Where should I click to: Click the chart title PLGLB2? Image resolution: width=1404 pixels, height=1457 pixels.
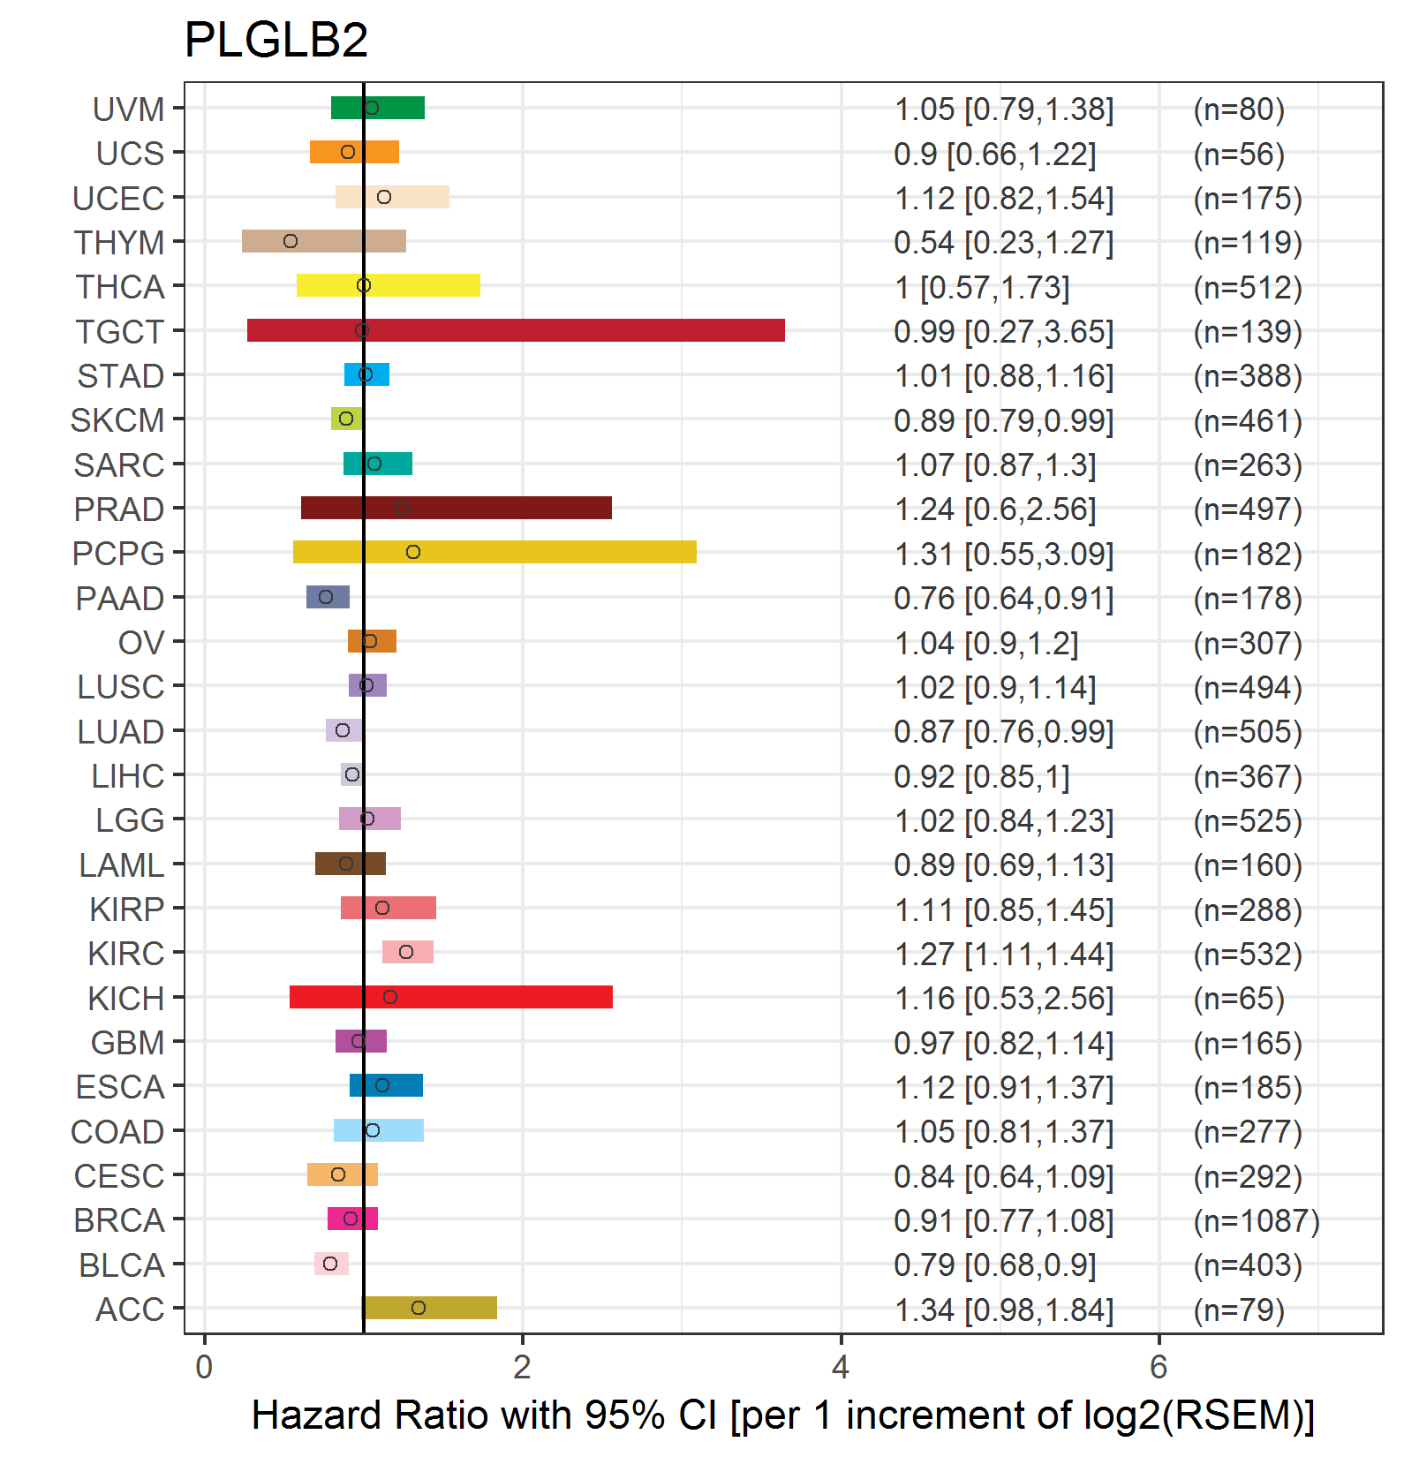click(x=276, y=40)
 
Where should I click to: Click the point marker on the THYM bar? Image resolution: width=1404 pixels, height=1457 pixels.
click(x=291, y=241)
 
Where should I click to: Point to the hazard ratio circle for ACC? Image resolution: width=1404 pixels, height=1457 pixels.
click(x=419, y=1308)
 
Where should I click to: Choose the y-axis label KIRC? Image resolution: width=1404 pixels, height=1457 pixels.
click(x=126, y=954)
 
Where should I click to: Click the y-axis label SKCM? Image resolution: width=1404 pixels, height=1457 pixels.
click(x=117, y=420)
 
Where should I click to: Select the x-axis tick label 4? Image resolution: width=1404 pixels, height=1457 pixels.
click(x=841, y=1367)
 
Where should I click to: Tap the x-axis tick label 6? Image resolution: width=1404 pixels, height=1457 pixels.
click(x=1159, y=1367)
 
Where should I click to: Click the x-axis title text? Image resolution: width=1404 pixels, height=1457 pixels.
click(x=782, y=1415)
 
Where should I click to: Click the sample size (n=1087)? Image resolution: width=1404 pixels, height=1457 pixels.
click(x=1256, y=1220)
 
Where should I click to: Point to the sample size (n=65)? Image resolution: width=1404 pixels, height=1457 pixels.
click(x=1238, y=998)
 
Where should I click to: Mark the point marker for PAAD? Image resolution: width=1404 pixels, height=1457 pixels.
click(x=326, y=597)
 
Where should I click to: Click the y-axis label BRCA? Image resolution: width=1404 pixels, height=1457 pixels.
click(x=119, y=1220)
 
